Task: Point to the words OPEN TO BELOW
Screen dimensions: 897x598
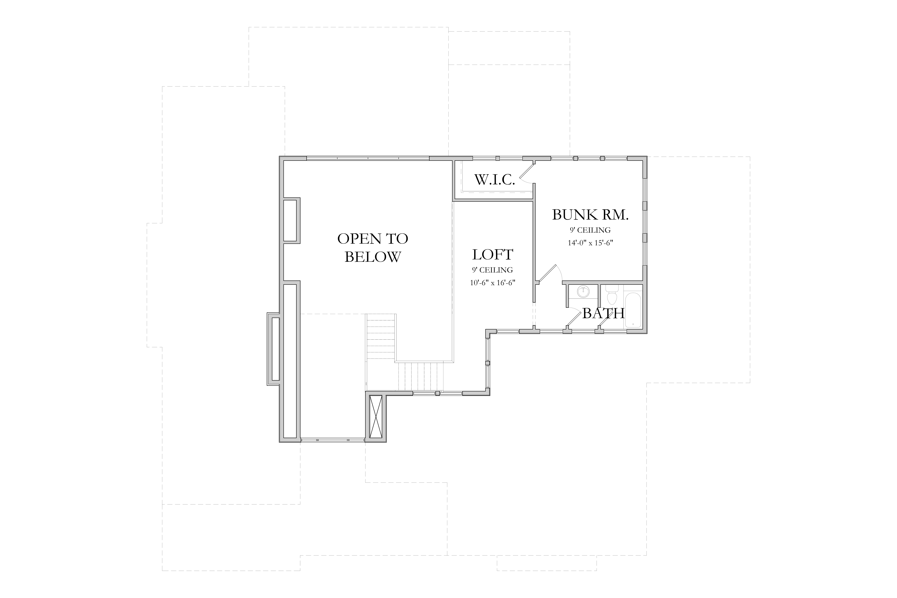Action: [373, 248]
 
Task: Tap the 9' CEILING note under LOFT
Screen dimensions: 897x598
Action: [492, 270]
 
